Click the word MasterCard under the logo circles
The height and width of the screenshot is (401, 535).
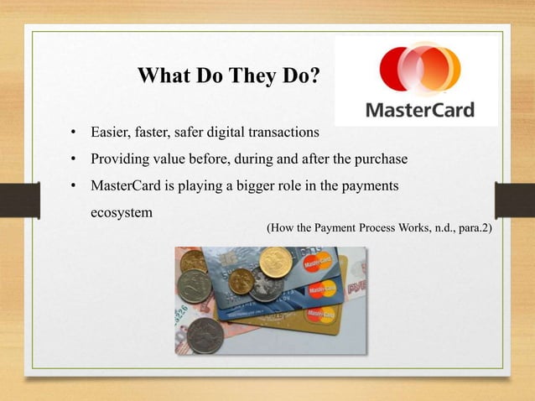pos(420,110)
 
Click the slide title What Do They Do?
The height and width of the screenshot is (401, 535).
pos(228,77)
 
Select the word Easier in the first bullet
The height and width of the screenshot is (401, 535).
pos(111,133)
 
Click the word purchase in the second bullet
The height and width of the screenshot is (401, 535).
pos(380,159)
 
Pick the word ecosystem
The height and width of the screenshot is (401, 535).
pos(121,212)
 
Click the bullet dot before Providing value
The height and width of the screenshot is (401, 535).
pos(74,159)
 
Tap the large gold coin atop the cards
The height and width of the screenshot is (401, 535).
pos(275,263)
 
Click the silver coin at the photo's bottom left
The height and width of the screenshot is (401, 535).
pos(203,334)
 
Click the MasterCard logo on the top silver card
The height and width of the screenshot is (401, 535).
pos(318,263)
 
